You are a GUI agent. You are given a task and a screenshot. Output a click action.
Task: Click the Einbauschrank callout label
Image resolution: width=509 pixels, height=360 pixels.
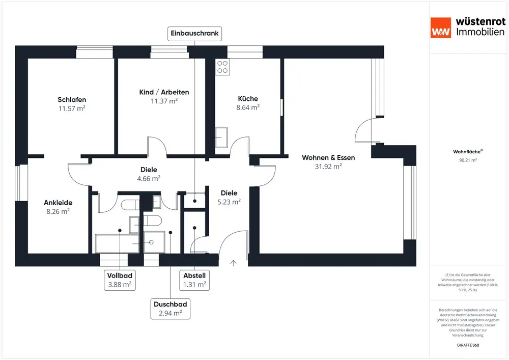pyautogui.click(x=195, y=34)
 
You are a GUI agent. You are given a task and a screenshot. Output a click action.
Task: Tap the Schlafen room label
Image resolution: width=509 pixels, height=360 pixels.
pyautogui.click(x=72, y=99)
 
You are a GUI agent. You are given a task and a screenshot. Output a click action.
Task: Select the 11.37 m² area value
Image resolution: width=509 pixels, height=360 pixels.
pyautogui.click(x=164, y=101)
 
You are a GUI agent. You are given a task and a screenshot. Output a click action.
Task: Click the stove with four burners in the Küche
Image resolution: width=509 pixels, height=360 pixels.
pyautogui.click(x=222, y=66)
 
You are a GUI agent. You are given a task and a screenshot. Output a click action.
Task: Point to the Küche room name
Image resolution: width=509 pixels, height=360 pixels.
pyautogui.click(x=248, y=98)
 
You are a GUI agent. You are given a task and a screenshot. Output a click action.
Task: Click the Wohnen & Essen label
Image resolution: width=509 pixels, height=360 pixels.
pyautogui.click(x=328, y=157)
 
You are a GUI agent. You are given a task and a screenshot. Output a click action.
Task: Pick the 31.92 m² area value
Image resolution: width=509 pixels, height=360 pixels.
pyautogui.click(x=328, y=166)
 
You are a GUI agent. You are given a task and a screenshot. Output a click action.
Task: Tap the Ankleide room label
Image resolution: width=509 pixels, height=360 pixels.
pyautogui.click(x=57, y=202)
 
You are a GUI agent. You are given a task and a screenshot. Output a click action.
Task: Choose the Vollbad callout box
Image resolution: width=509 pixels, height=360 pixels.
pyautogui.click(x=120, y=280)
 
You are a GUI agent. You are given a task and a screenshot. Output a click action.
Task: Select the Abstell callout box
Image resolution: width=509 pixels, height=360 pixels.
pyautogui.click(x=194, y=280)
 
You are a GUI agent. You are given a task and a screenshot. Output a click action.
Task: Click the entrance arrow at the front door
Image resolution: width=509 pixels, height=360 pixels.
pyautogui.click(x=234, y=263)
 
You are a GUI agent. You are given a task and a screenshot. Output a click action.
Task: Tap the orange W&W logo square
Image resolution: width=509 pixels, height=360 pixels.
pyautogui.click(x=441, y=27)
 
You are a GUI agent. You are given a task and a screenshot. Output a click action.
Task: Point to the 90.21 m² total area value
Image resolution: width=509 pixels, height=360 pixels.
pyautogui.click(x=468, y=160)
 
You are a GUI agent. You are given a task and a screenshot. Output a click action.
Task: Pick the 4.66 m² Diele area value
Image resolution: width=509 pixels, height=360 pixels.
pyautogui.click(x=149, y=178)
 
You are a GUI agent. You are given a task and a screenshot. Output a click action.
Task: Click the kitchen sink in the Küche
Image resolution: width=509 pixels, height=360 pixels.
pyautogui.click(x=222, y=136)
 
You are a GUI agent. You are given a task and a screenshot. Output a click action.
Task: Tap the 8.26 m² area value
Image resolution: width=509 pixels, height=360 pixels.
pyautogui.click(x=57, y=211)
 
